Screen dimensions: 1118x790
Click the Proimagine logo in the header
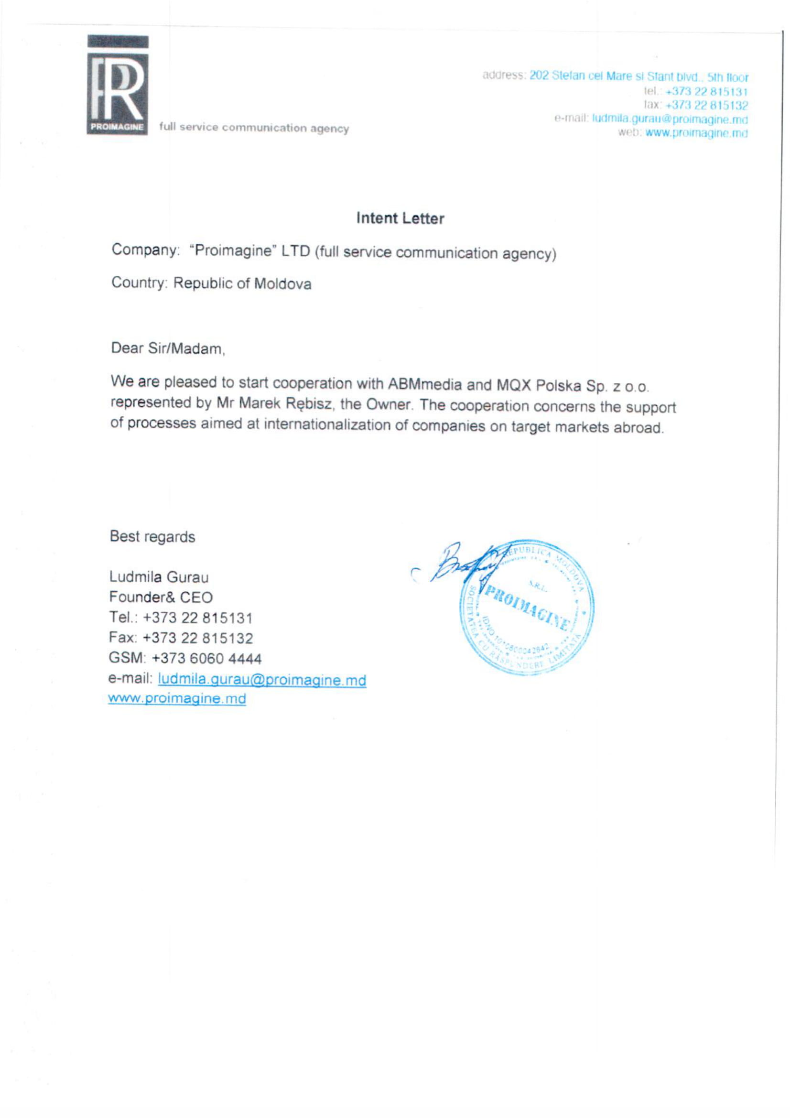coord(118,86)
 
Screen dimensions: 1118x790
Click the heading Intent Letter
coord(400,218)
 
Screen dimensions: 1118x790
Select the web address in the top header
coord(696,132)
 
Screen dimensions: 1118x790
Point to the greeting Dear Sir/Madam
coord(168,348)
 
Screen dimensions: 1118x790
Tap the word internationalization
coord(336,424)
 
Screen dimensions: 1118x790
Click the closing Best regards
coord(152,537)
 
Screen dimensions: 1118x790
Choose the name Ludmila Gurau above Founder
coord(159,577)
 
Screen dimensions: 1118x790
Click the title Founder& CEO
coord(161,597)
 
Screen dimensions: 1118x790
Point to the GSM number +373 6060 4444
coord(207,658)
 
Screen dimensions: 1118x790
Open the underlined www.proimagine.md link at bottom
coord(177,698)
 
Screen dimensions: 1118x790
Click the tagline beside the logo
coord(254,128)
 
